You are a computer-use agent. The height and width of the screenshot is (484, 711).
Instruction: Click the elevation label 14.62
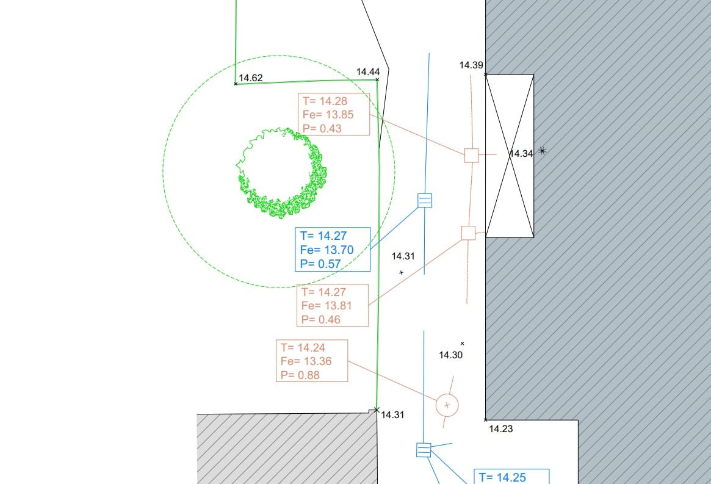pos(251,78)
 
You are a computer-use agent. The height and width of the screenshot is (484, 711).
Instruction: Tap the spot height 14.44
pos(368,71)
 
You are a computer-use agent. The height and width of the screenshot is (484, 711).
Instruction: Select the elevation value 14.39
pos(471,65)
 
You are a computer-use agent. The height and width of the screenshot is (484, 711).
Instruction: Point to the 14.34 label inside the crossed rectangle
pos(521,154)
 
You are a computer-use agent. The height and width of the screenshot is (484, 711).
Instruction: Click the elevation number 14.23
pos(500,428)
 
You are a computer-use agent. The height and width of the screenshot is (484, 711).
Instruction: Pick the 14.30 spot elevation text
pos(451,355)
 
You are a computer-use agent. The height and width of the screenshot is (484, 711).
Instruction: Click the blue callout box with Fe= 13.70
pos(333,250)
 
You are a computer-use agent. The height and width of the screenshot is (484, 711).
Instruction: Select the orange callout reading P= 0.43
pos(334,114)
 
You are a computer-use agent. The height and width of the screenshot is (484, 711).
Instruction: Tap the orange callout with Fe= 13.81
pos(333,305)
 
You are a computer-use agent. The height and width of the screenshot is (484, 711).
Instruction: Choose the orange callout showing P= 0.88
pos(312,361)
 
